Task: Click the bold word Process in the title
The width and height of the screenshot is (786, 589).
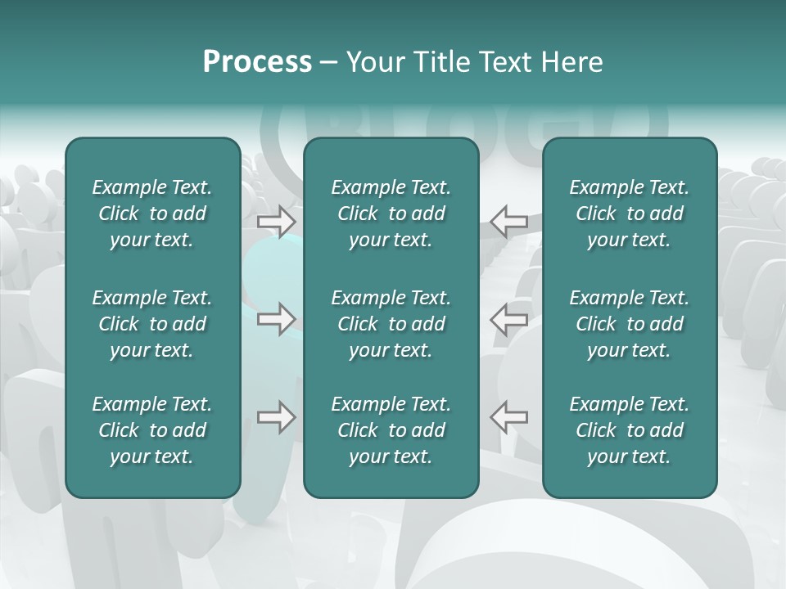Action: (257, 62)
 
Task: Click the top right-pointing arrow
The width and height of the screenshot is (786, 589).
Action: (276, 220)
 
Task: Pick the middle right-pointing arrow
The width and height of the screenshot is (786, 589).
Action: (276, 319)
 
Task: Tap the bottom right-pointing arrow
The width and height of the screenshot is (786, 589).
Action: (276, 417)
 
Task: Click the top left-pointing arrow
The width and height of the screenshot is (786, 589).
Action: (508, 220)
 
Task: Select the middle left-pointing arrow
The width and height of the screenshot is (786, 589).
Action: (508, 319)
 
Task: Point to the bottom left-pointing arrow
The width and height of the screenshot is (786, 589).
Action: (508, 417)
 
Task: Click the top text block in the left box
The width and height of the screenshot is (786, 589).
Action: (152, 214)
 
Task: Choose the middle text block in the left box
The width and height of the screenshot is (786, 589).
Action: (152, 324)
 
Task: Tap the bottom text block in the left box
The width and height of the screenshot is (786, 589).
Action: (152, 430)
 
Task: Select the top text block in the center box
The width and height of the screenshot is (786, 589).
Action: (391, 214)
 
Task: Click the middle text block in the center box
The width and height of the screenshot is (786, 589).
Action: (391, 324)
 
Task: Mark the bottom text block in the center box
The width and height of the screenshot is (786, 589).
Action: (391, 430)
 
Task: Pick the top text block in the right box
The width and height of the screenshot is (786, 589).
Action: (629, 214)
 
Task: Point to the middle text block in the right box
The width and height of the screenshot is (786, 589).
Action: (629, 324)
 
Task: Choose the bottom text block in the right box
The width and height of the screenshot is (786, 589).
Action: (629, 430)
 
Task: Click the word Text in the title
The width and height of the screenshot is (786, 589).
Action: (507, 62)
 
